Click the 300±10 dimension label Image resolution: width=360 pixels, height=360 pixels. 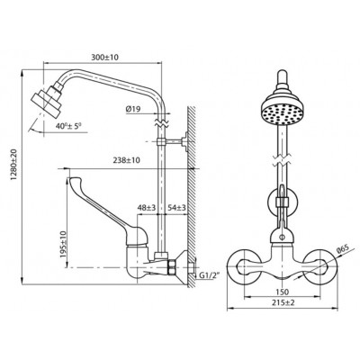point(104,58)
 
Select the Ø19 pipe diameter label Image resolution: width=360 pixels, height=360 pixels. point(133,109)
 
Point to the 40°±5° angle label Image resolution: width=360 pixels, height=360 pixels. point(68,126)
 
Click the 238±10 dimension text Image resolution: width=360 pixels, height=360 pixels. point(126,160)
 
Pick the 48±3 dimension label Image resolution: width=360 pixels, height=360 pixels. point(147,207)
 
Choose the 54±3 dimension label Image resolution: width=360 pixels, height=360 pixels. point(176,207)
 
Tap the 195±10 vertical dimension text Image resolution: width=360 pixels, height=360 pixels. point(63,244)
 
